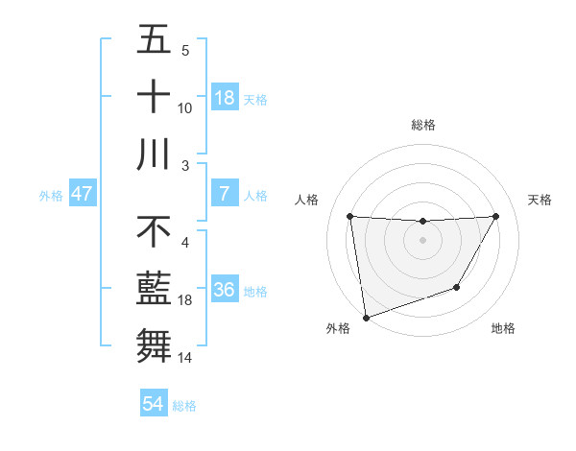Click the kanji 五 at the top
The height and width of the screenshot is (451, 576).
point(154,41)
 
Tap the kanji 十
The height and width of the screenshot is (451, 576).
point(154,97)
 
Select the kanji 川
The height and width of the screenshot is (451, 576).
point(154,154)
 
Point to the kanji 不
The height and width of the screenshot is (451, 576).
point(154,231)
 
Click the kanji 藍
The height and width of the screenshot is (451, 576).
point(154,289)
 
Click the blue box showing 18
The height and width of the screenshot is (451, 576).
point(225,98)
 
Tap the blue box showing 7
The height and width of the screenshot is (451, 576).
point(225,194)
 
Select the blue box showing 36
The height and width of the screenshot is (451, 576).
point(225,290)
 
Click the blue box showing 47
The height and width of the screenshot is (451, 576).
point(83,194)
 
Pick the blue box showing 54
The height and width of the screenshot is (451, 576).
point(154,405)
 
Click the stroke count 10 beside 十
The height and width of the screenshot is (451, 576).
point(185,108)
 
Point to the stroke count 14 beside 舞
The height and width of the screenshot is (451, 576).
point(185,358)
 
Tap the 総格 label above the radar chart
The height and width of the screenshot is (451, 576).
point(422,125)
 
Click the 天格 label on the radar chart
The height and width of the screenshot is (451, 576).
point(540,200)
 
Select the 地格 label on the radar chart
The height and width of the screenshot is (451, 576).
point(503,328)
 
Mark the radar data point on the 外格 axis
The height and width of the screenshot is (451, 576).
point(366,317)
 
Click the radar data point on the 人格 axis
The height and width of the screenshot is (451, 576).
point(349,216)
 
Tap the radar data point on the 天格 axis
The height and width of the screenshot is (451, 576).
point(495,216)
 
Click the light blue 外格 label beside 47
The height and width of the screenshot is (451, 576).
point(51,195)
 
